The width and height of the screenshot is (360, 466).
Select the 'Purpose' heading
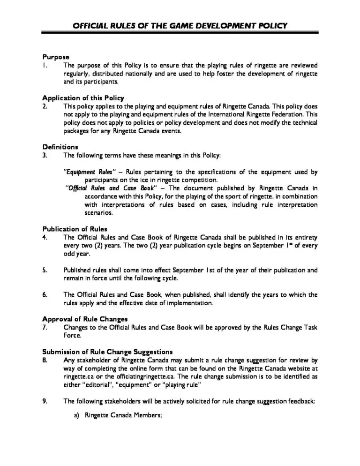pos(56,57)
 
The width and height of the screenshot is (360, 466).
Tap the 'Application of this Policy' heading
pos(83,98)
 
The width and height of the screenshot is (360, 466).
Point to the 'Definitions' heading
pos(60,147)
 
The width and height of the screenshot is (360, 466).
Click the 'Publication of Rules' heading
pos(75,229)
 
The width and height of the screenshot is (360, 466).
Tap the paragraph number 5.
pos(44,270)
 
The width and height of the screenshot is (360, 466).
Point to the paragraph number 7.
pos(44,327)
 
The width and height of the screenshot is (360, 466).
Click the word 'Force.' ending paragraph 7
pos(73,335)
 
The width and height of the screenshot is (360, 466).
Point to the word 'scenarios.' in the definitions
pos(99,212)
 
